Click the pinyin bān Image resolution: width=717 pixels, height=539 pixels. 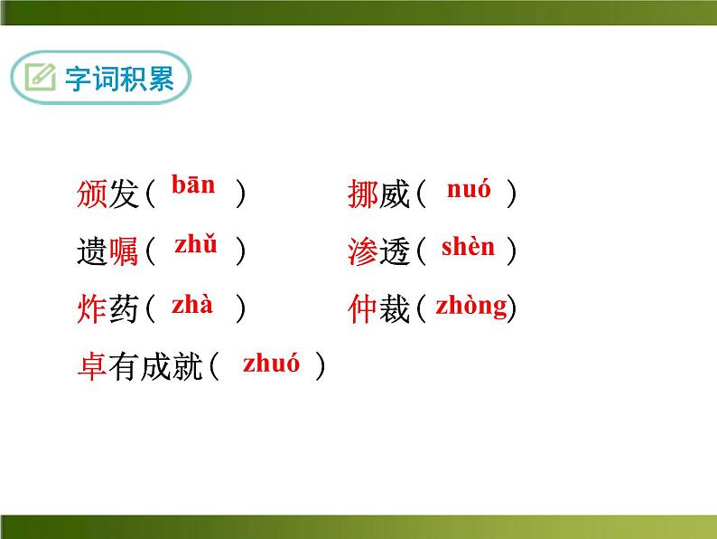(x=193, y=184)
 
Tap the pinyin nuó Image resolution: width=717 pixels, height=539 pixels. (x=469, y=188)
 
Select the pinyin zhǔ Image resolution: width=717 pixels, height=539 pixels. (x=196, y=243)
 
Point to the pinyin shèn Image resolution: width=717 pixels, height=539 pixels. (x=468, y=246)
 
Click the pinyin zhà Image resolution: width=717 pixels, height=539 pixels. (x=192, y=305)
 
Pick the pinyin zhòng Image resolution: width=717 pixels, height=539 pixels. (x=471, y=307)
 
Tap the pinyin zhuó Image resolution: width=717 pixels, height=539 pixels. (x=271, y=364)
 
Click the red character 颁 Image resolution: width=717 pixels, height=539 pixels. (x=92, y=194)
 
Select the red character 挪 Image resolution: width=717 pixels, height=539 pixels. (x=363, y=194)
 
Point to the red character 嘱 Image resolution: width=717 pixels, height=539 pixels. (x=124, y=251)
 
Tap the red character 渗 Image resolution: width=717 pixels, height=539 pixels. (x=363, y=251)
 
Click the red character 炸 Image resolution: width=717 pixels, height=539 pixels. (x=92, y=308)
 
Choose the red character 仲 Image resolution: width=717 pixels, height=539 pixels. (x=363, y=308)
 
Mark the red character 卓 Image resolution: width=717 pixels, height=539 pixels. (x=92, y=366)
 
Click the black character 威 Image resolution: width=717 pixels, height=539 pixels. (x=394, y=194)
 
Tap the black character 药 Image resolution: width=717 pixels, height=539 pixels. (x=124, y=308)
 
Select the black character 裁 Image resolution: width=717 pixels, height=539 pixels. (x=394, y=308)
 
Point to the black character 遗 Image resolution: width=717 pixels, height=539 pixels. (x=92, y=251)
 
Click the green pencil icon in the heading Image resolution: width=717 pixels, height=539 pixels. (x=41, y=77)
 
